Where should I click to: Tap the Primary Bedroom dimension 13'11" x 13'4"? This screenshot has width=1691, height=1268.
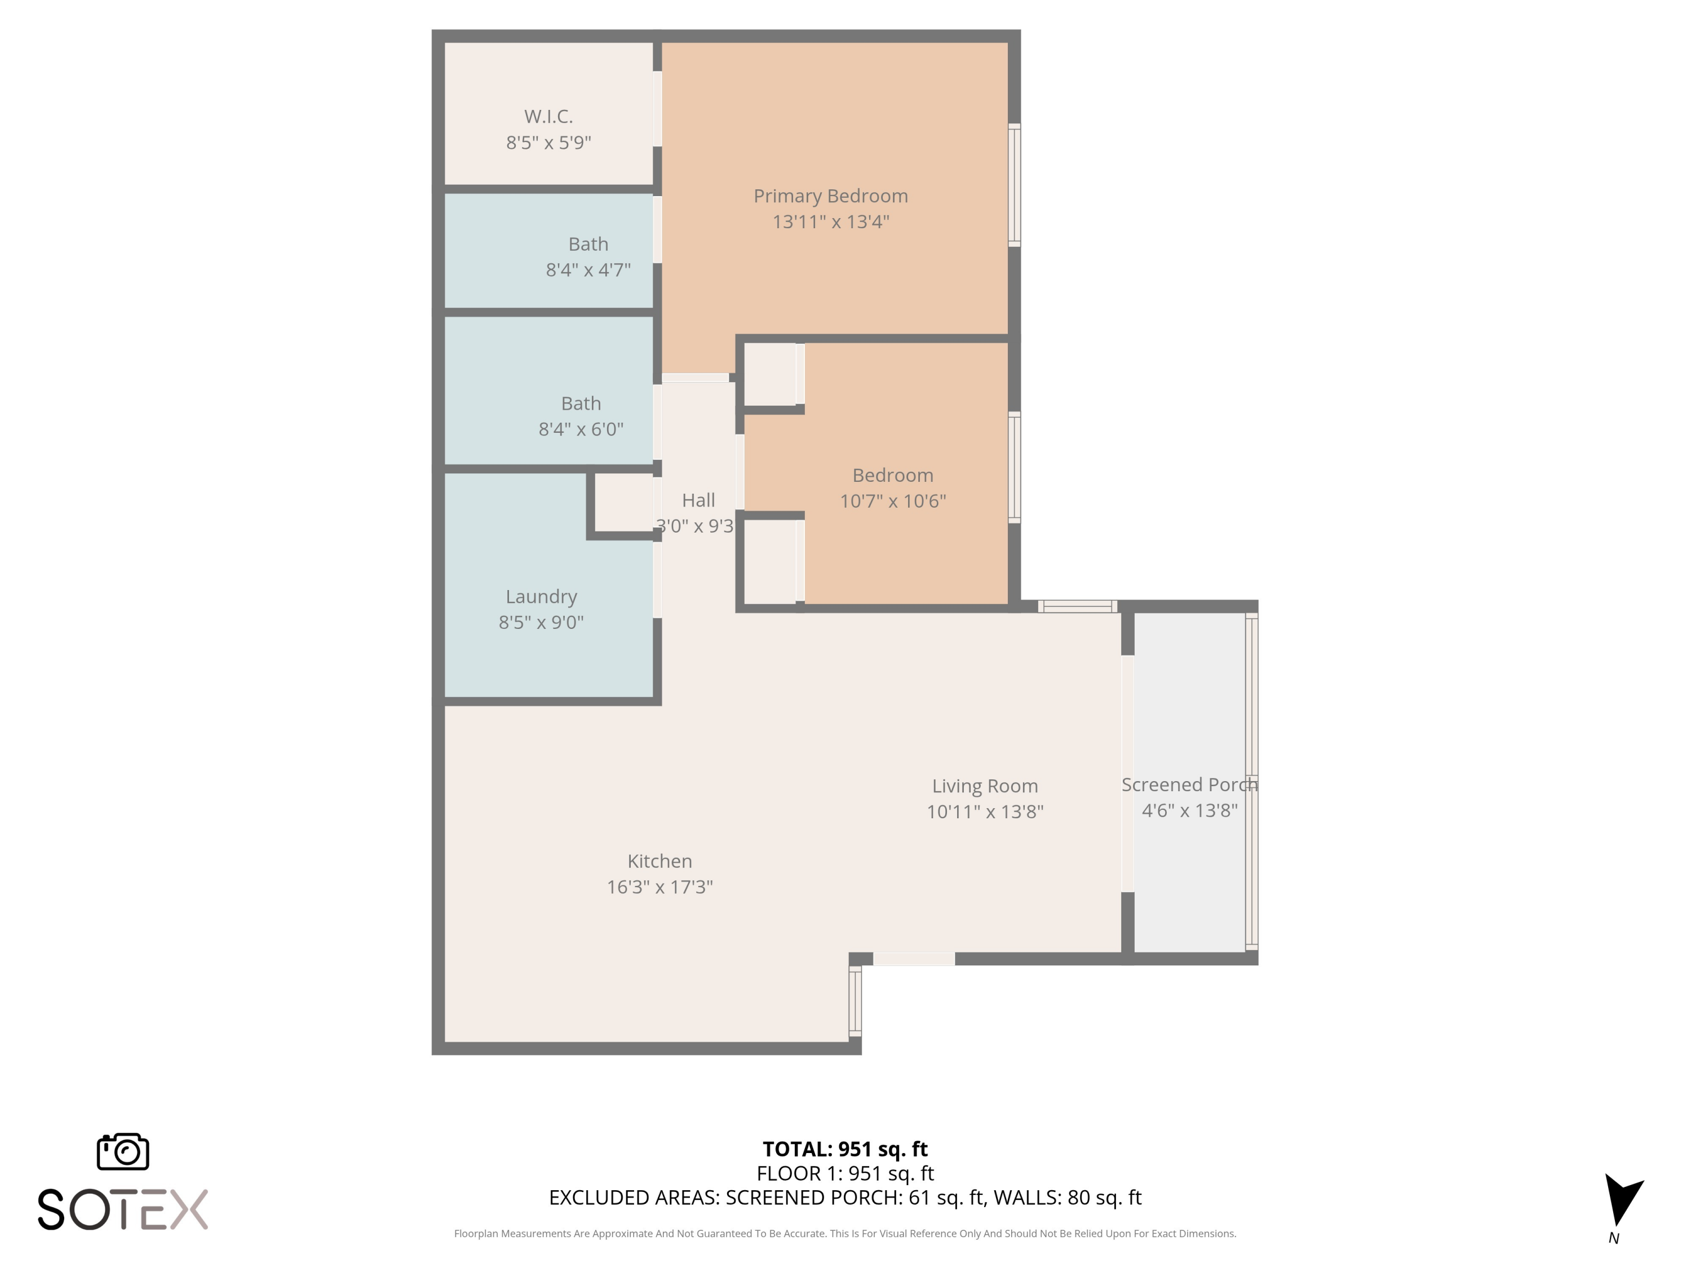tap(830, 221)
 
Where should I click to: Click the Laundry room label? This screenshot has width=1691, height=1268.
tap(541, 597)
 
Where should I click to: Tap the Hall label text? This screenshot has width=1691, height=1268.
tap(698, 500)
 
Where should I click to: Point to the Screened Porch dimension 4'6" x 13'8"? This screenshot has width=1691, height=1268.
tap(1189, 811)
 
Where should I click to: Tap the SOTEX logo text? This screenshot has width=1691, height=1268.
tap(122, 1210)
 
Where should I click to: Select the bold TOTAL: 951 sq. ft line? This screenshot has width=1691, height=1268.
tap(845, 1150)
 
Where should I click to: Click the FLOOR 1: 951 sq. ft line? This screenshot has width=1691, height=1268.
tap(845, 1173)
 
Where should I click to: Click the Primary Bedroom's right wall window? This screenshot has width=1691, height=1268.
tap(1013, 185)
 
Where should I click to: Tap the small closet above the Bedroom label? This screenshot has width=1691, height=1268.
tap(771, 375)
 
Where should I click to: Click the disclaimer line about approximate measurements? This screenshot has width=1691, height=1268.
tap(845, 1234)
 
